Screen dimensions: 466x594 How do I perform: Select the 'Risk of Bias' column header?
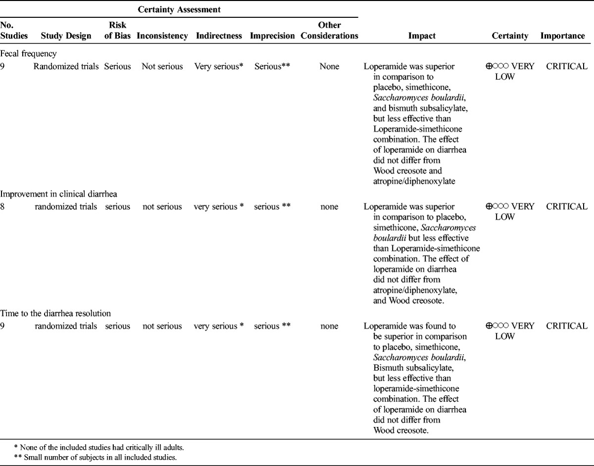(x=117, y=31)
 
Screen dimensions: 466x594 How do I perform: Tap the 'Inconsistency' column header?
(x=162, y=36)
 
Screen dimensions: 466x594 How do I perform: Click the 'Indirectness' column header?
(x=219, y=36)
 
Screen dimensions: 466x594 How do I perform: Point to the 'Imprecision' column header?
(x=272, y=36)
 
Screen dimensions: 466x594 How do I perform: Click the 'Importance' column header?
(x=562, y=36)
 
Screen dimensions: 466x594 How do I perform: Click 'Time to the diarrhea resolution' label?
(x=55, y=313)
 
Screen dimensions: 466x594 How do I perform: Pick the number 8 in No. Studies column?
(x=3, y=207)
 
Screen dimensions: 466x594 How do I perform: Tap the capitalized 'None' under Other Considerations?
(x=329, y=66)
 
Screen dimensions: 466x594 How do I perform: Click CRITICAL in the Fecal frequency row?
(x=567, y=66)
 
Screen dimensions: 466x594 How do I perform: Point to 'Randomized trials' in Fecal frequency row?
(x=66, y=66)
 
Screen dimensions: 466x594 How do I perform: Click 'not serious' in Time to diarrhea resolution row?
(x=162, y=326)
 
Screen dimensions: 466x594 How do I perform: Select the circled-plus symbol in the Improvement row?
(x=489, y=207)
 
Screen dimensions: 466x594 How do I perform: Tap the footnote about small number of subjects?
(x=96, y=457)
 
